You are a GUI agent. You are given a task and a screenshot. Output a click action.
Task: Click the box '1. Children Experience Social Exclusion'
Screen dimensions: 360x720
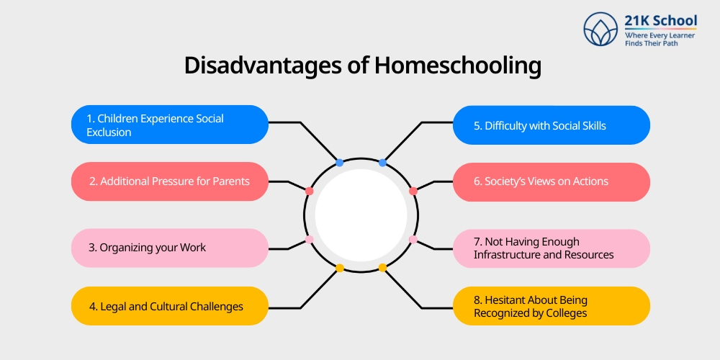pyautogui.click(x=170, y=125)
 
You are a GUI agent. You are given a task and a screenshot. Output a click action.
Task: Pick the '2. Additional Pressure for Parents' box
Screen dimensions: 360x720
pyautogui.click(x=170, y=181)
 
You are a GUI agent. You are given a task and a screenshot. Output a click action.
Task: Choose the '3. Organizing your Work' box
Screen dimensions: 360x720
pyautogui.click(x=170, y=248)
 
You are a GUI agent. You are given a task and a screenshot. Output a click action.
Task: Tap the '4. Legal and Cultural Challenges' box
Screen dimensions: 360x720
pyautogui.click(x=170, y=306)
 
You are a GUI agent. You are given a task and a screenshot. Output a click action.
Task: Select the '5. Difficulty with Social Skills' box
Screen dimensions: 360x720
pyautogui.click(x=551, y=125)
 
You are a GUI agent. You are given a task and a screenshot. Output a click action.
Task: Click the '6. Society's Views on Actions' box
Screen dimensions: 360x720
pyautogui.click(x=551, y=181)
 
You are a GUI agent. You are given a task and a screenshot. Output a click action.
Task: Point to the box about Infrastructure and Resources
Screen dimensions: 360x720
pyautogui.click(x=551, y=248)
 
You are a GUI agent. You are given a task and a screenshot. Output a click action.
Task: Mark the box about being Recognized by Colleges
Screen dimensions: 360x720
pyautogui.click(x=551, y=306)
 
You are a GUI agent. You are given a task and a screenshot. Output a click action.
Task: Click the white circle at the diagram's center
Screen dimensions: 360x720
pyautogui.click(x=361, y=215)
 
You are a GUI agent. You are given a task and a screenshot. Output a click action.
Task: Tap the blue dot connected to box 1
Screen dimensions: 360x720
pyautogui.click(x=340, y=163)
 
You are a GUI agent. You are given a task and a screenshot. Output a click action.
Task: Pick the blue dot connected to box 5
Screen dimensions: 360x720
pyautogui.click(x=382, y=163)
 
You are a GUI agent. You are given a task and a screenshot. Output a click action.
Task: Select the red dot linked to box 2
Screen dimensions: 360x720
pyautogui.click(x=309, y=191)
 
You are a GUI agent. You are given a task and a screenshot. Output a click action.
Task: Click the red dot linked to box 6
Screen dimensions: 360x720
pyautogui.click(x=413, y=191)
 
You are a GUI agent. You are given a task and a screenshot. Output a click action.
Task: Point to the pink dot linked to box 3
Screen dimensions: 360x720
pyautogui.click(x=309, y=239)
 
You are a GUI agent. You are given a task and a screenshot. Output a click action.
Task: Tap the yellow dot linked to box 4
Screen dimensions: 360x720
pyautogui.click(x=340, y=268)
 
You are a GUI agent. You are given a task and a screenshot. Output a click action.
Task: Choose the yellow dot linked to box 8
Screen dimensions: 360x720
pyautogui.click(x=382, y=268)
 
